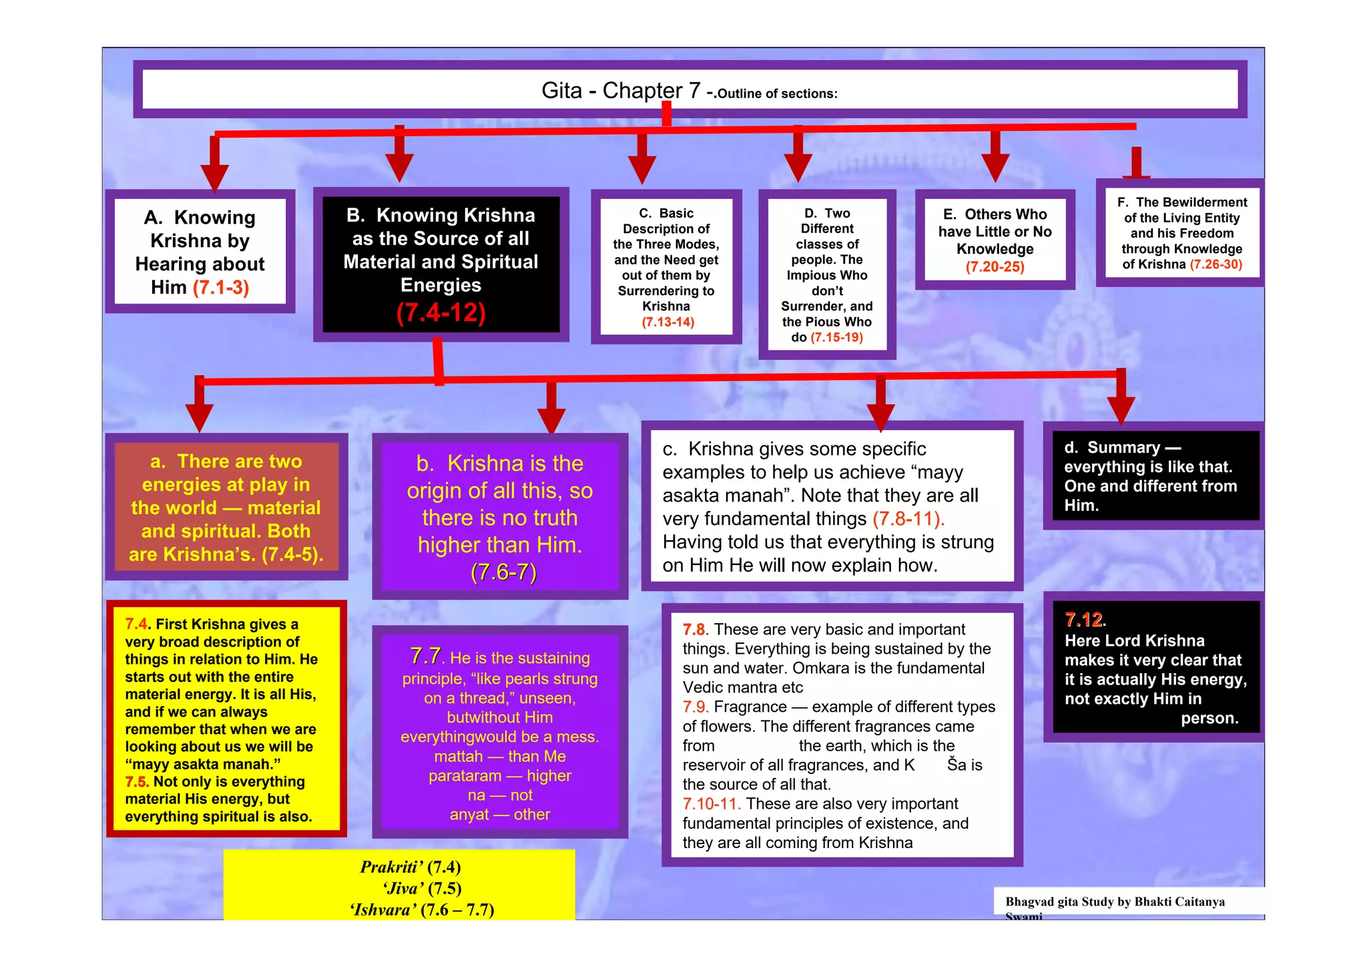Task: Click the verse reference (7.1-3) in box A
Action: pyautogui.click(x=221, y=288)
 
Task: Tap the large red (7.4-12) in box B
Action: pyautogui.click(x=441, y=313)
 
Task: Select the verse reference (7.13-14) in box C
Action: pyautogui.click(x=667, y=323)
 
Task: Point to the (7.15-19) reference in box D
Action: pyautogui.click(x=836, y=338)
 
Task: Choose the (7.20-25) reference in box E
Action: pyautogui.click(x=995, y=267)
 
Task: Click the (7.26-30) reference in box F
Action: pyautogui.click(x=1215, y=264)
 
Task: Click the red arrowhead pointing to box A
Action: pyautogui.click(x=215, y=176)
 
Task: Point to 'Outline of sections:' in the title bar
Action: pyautogui.click(x=777, y=94)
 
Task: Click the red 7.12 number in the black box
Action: pyautogui.click(x=1083, y=620)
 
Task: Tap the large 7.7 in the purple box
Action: pyautogui.click(x=425, y=656)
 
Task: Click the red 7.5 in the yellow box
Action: pyautogui.click(x=136, y=782)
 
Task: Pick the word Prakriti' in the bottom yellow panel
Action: pyautogui.click(x=391, y=867)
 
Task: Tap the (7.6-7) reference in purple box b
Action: pyautogui.click(x=503, y=573)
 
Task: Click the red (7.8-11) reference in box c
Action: pyautogui.click(x=908, y=519)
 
